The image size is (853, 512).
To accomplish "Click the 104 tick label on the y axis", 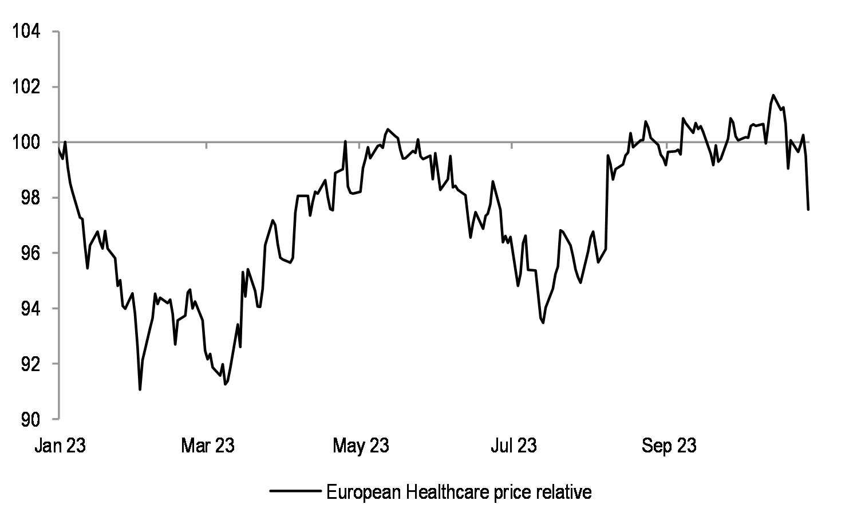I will (x=26, y=32).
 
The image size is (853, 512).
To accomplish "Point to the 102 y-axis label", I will (x=26, y=87).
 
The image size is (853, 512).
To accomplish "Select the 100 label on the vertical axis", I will (x=26, y=143).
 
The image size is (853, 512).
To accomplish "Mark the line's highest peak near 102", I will (x=773, y=95).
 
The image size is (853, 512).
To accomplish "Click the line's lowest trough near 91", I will (x=140, y=389).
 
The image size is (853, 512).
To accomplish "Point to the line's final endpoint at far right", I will (x=808, y=210).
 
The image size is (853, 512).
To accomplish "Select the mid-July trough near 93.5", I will (x=543, y=322).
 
